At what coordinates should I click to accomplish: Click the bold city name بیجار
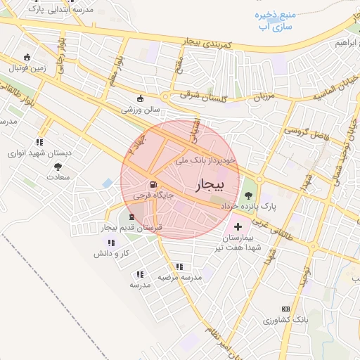tap(207, 184)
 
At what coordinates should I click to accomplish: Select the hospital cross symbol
tap(238, 226)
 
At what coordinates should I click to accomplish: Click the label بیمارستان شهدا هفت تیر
tap(239, 243)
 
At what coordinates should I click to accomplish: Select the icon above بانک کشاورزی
tap(285, 309)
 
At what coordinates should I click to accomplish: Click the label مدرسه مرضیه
tap(179, 277)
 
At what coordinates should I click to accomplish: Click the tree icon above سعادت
tap(58, 167)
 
